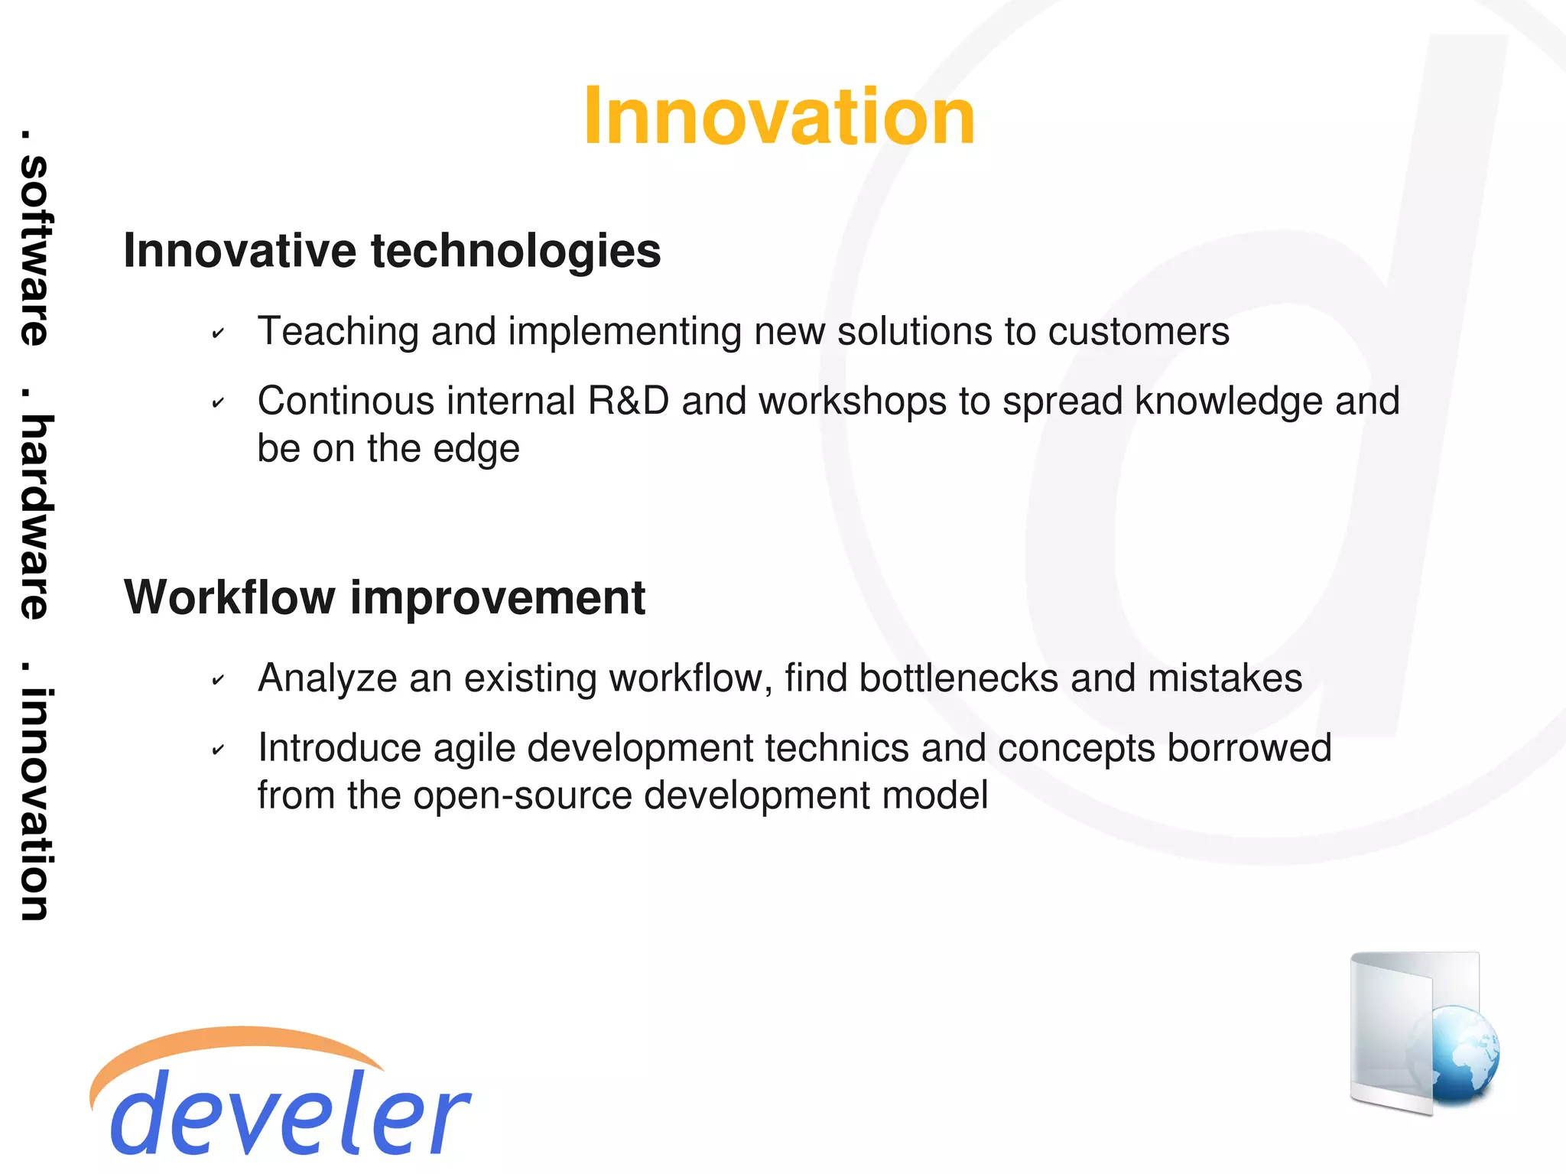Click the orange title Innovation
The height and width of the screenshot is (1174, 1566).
pos(778,116)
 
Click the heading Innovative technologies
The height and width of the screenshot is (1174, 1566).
pos(391,251)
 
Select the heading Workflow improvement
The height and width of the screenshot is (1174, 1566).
pos(385,597)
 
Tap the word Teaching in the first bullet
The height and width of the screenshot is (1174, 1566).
pos(338,332)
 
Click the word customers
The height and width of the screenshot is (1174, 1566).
pos(1138,332)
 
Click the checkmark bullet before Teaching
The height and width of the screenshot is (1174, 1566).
pos(218,333)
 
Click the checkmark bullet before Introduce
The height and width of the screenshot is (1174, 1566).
pos(218,750)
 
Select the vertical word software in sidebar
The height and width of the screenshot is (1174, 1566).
pos(35,249)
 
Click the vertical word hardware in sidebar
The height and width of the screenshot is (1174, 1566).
pos(35,516)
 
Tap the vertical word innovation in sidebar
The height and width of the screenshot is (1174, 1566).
pos(35,803)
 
